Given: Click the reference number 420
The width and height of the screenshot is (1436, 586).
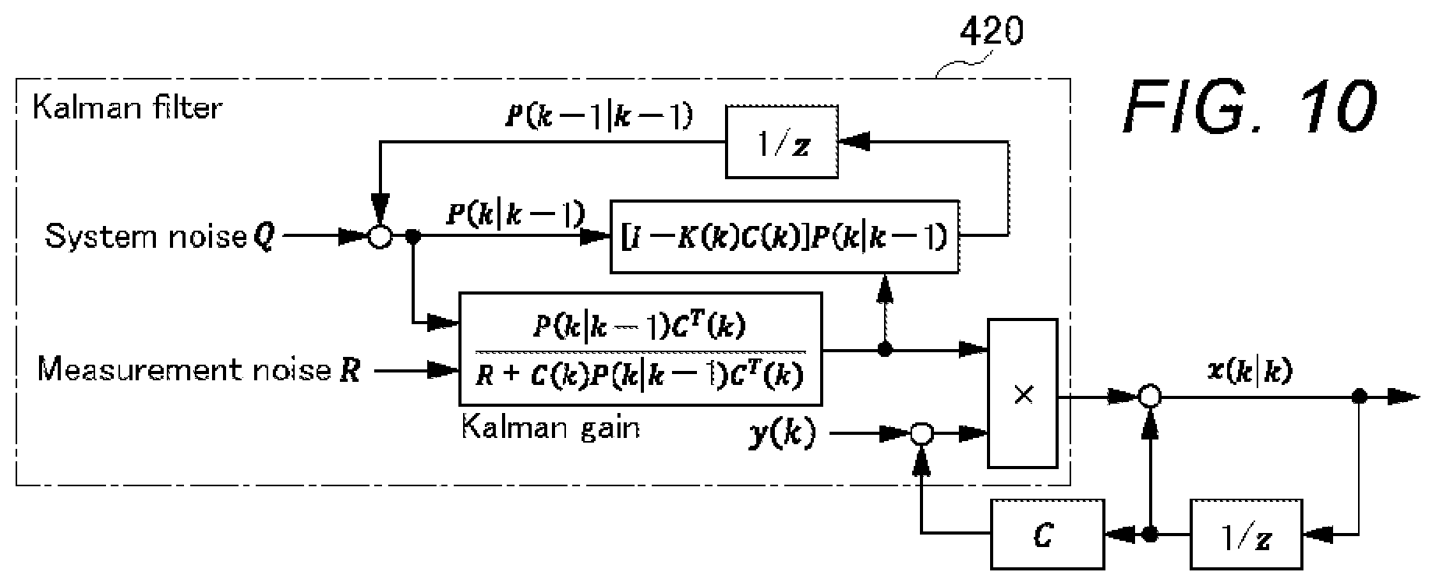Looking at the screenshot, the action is pyautogui.click(x=991, y=32).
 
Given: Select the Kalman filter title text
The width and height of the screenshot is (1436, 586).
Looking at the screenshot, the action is pyautogui.click(x=127, y=108).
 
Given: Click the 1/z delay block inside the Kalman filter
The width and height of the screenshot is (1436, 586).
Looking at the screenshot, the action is pyautogui.click(x=782, y=142).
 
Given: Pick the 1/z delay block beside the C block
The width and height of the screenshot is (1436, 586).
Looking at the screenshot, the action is pyautogui.click(x=1247, y=535).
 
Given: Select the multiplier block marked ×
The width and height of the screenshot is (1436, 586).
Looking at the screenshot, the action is pyautogui.click(x=1023, y=394).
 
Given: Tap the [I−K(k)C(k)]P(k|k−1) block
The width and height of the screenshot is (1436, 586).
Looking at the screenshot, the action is pyautogui.click(x=784, y=237).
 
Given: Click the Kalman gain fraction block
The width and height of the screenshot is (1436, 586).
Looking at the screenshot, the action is pyautogui.click(x=641, y=348).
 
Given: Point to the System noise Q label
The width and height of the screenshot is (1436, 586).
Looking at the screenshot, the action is pyautogui.click(x=159, y=236).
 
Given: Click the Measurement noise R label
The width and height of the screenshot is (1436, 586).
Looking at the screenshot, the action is pyautogui.click(x=199, y=369).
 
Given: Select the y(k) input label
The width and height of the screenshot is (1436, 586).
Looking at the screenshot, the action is pyautogui.click(x=782, y=434).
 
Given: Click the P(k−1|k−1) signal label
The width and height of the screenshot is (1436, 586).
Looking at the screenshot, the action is pyautogui.click(x=599, y=117).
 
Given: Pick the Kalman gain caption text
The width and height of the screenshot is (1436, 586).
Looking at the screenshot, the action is pyautogui.click(x=550, y=427).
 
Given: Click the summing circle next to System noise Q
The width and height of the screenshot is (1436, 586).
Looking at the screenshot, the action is pyautogui.click(x=379, y=237).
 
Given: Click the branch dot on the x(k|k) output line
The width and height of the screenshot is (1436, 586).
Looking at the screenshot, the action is pyautogui.click(x=1360, y=397).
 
